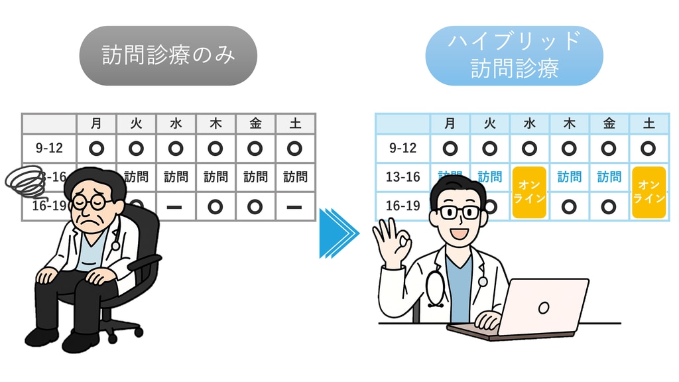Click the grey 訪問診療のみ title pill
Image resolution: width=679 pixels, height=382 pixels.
pos(168,56)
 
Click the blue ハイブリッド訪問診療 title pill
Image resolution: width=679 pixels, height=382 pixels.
pos(514,56)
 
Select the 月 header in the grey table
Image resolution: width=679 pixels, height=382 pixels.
pos(96,123)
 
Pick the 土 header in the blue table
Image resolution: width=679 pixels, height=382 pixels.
pos(648,123)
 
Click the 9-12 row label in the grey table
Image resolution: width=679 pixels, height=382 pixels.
pos(49,148)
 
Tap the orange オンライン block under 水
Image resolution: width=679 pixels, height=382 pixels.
pos(529,192)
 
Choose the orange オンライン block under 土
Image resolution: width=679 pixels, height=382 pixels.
pos(648,192)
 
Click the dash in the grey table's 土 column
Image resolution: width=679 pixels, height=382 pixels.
pos(294,206)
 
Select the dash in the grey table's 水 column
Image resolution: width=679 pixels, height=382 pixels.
pos(175,206)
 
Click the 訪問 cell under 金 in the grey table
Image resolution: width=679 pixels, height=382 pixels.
pos(255,177)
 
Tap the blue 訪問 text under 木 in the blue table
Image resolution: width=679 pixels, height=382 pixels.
pos(569,177)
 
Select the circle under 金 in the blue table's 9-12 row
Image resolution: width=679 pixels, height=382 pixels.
pos(609,148)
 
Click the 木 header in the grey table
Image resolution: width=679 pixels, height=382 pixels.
pos(216,123)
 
